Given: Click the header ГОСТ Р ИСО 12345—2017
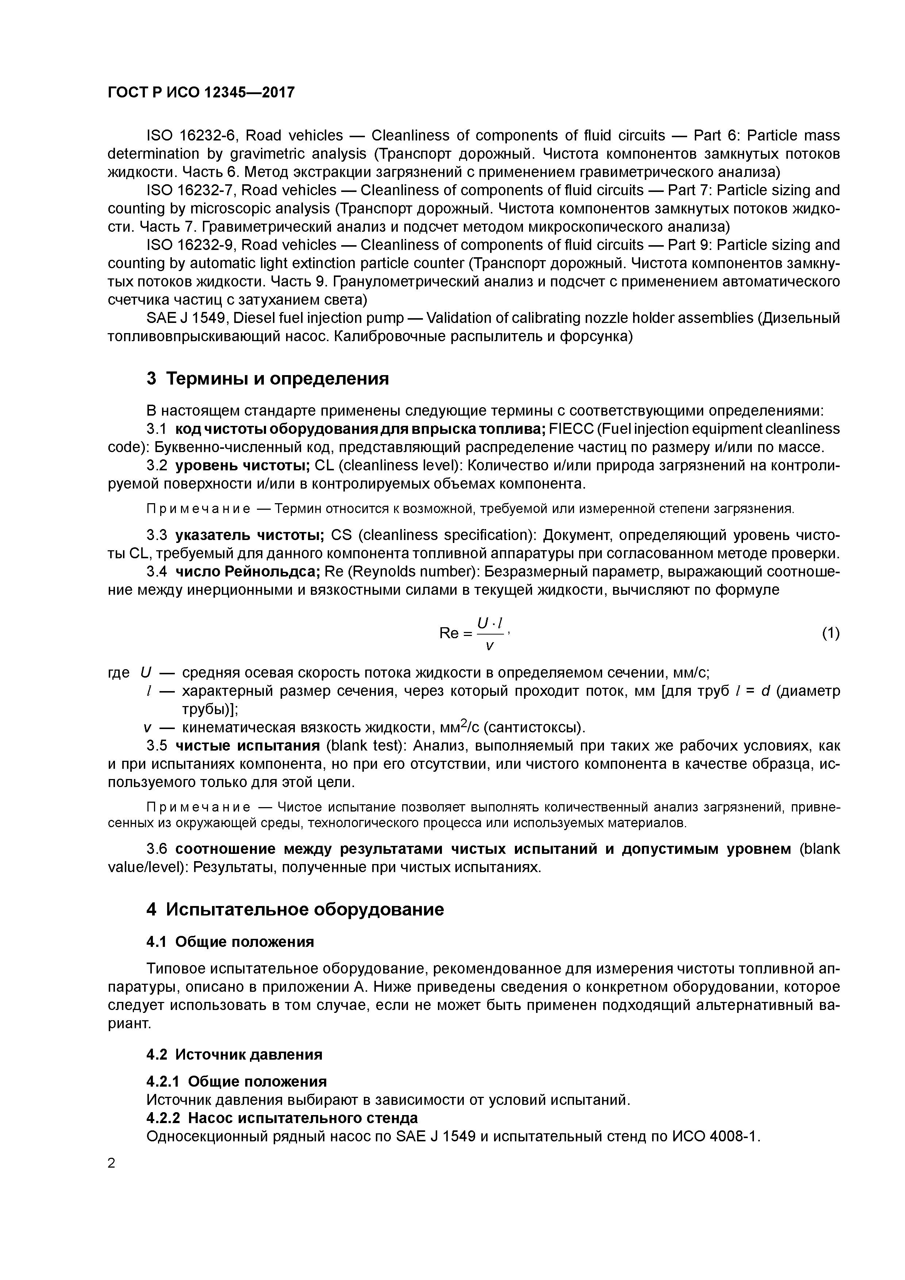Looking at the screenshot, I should tap(201, 93).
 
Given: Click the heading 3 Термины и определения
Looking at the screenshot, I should tap(267, 378).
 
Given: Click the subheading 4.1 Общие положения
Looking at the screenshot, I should tap(230, 942).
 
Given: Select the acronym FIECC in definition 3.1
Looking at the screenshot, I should tap(571, 429).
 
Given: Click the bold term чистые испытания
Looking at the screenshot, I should tap(247, 746).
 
